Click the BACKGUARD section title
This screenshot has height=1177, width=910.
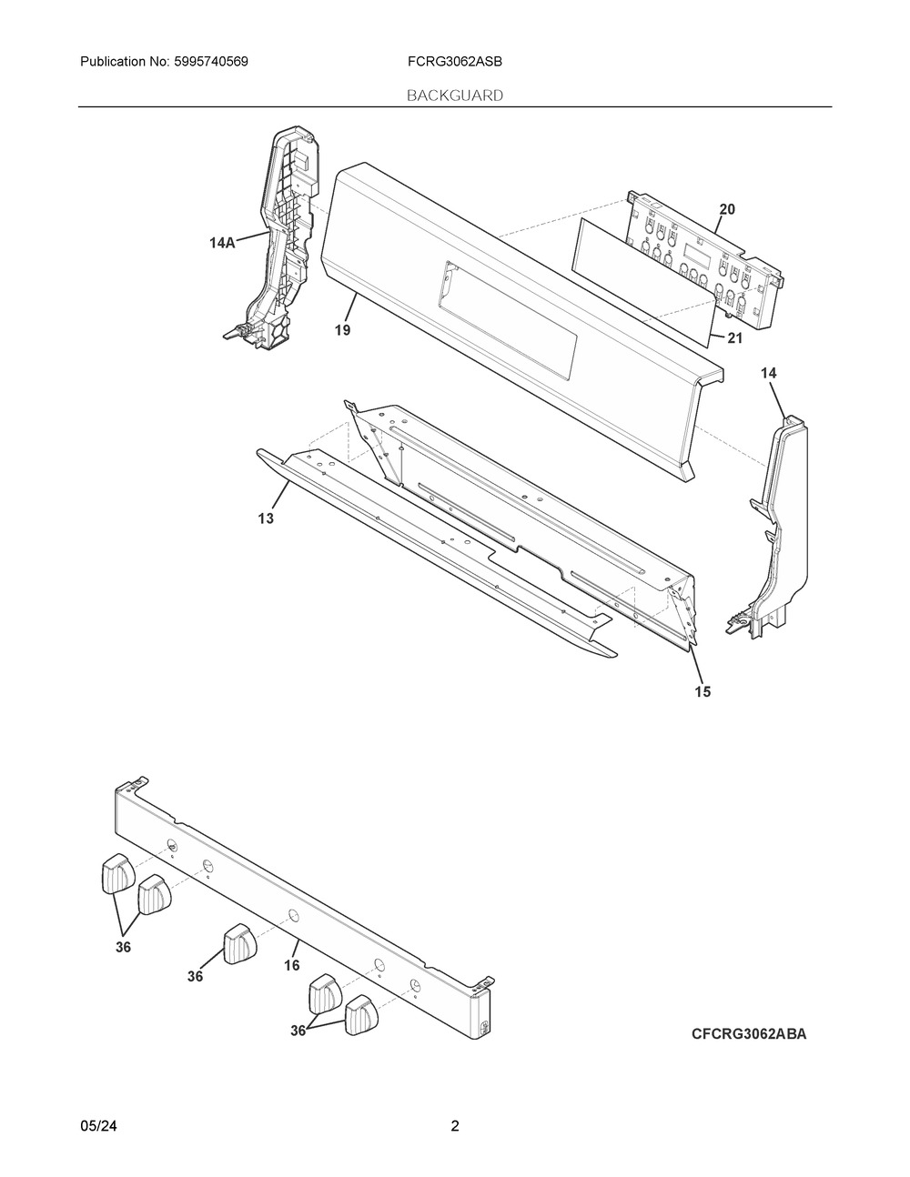[x=454, y=95]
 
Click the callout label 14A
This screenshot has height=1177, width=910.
[x=222, y=243]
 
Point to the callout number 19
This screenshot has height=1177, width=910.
[x=341, y=330]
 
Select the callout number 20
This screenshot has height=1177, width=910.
[x=726, y=209]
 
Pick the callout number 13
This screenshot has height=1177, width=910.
[x=266, y=518]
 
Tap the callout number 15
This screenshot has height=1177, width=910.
[x=702, y=691]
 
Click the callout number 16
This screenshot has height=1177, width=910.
[x=291, y=965]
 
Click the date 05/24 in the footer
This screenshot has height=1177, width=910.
[x=98, y=1126]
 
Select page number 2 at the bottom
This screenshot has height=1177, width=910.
[x=455, y=1126]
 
